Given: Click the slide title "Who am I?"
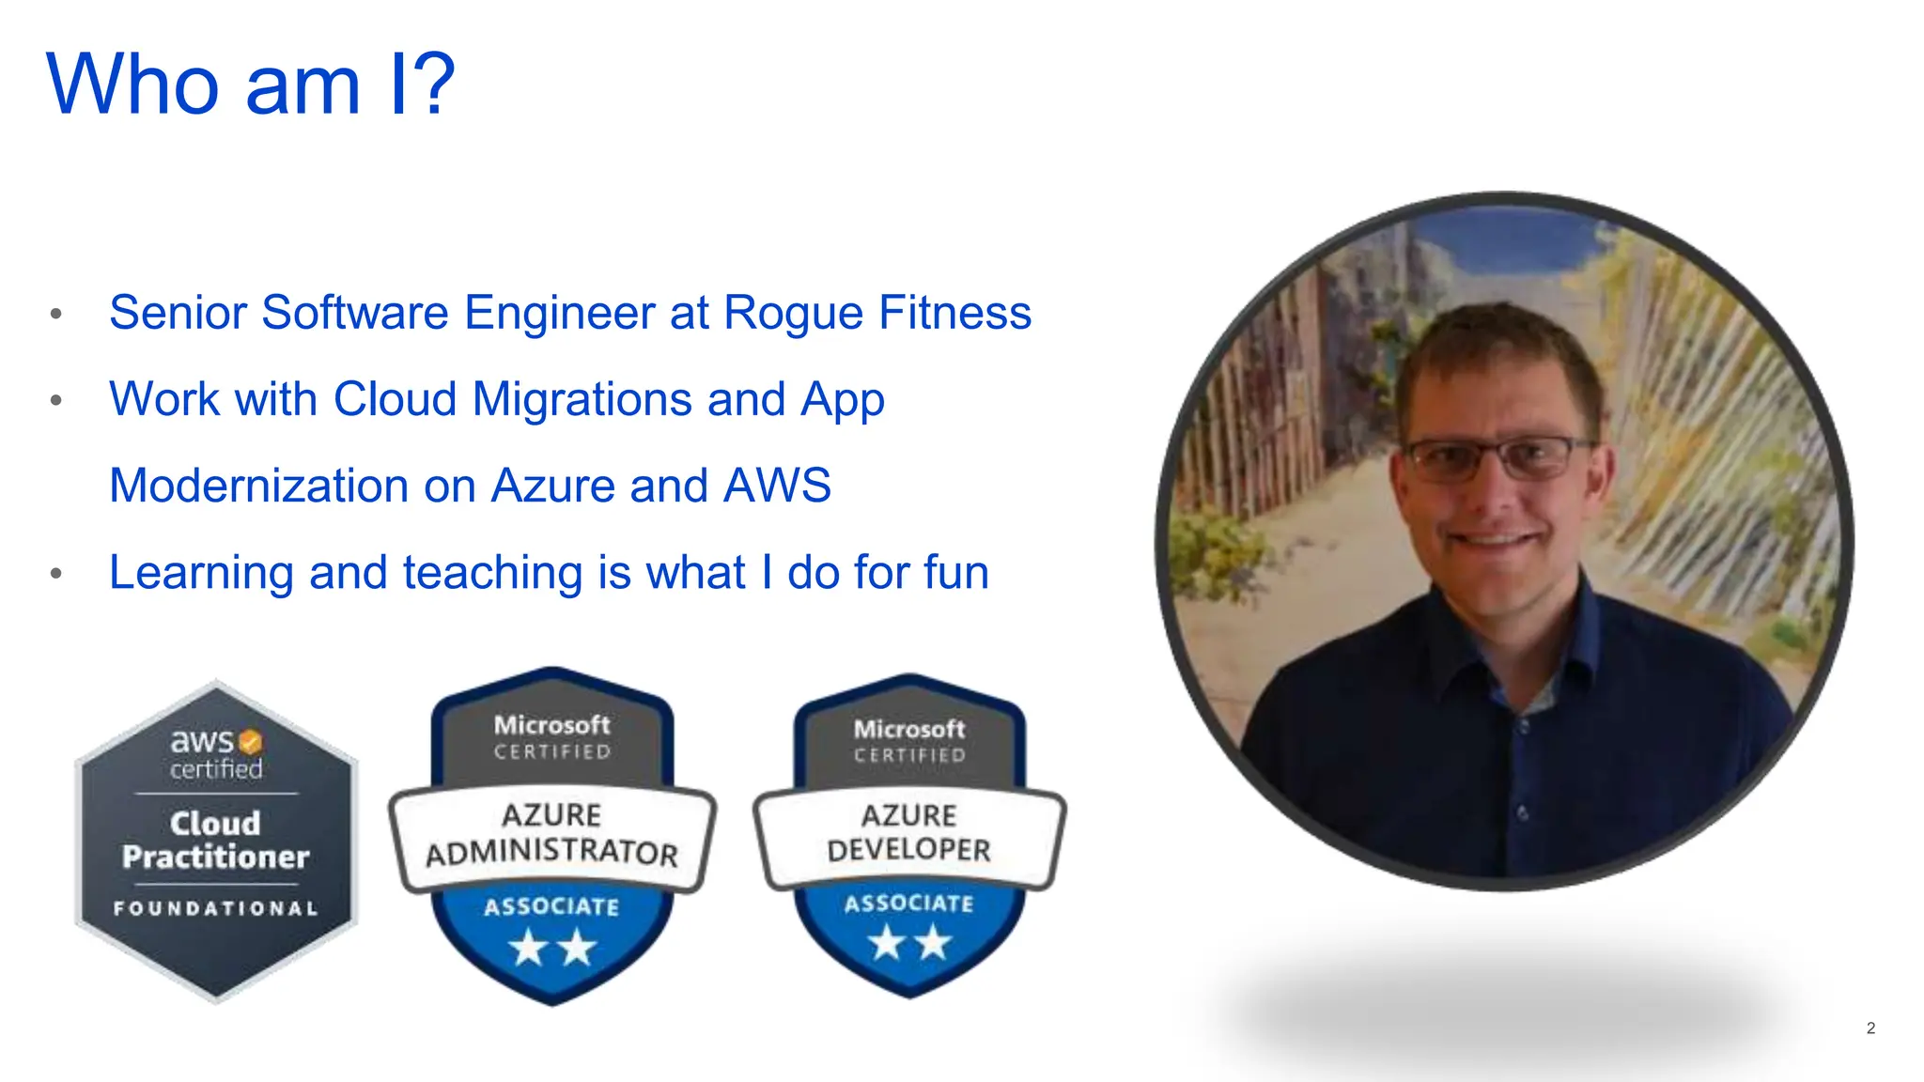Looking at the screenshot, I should [250, 85].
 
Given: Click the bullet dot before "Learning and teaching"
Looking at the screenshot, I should [56, 573].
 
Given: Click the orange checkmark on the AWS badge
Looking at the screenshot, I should [250, 742].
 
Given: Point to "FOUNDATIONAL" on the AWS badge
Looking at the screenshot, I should [216, 908].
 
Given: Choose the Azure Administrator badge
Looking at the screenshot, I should [552, 836].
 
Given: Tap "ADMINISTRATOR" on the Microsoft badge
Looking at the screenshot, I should [552, 853].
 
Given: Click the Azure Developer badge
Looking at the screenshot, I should [908, 836].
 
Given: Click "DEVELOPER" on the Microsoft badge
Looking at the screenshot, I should [908, 850].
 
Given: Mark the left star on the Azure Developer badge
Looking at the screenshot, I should [886, 942].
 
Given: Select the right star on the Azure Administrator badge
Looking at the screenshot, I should [578, 948].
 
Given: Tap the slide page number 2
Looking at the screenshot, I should [1870, 1028].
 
